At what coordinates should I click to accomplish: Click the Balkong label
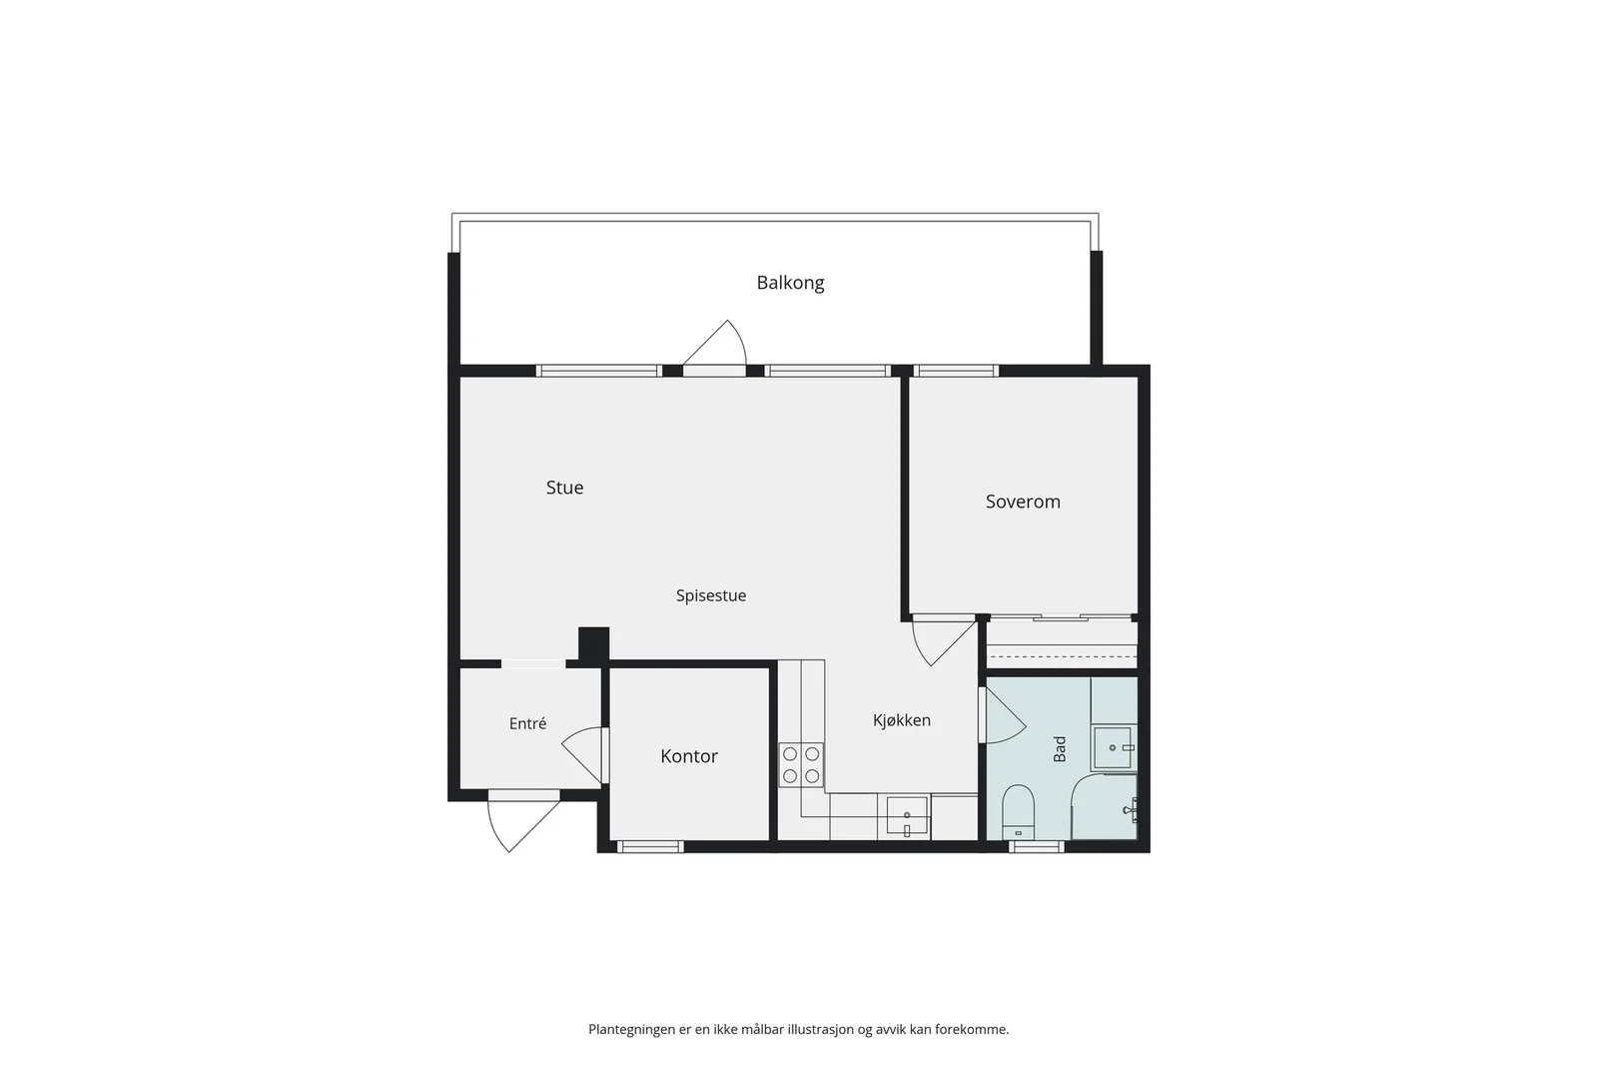coord(790,284)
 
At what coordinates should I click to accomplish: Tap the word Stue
coord(565,488)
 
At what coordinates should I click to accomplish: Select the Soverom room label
coord(1023,502)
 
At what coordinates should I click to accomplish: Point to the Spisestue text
coord(711,595)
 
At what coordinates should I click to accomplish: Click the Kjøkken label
coord(902,720)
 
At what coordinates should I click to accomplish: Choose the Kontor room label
coord(689,756)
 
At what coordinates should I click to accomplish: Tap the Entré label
coord(528,723)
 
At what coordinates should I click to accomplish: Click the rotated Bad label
coord(1060,749)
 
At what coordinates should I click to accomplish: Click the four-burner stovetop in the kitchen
coord(801,764)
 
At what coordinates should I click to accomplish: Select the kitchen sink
coord(908,817)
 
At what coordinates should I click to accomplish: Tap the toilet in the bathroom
coord(1019,812)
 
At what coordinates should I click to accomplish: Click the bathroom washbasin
coord(1113,747)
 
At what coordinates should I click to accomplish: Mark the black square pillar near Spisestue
coord(593,644)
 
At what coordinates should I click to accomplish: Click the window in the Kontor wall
coord(650,847)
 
